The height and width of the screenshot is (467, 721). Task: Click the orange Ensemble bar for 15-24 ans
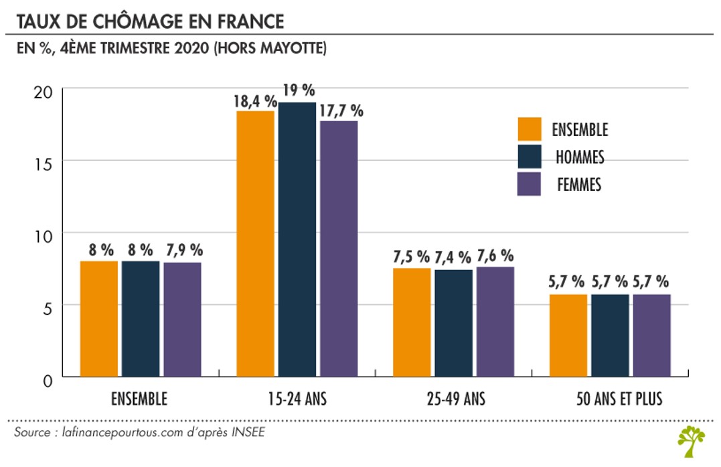(256, 244)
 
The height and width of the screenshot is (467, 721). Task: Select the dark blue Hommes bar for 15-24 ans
(297, 239)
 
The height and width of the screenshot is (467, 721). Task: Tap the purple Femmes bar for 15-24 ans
(339, 249)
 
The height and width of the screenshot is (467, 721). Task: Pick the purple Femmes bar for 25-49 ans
(495, 322)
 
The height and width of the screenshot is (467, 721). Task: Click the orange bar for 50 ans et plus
(568, 335)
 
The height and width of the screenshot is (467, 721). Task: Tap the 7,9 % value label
(183, 251)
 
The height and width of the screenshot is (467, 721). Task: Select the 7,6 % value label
(496, 256)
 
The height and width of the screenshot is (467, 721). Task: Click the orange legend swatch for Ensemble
(529, 129)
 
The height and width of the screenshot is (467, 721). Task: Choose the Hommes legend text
(580, 157)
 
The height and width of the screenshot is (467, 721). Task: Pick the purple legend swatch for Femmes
(529, 184)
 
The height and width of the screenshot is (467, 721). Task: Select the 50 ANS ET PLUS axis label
(619, 400)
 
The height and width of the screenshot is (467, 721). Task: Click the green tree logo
(691, 440)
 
